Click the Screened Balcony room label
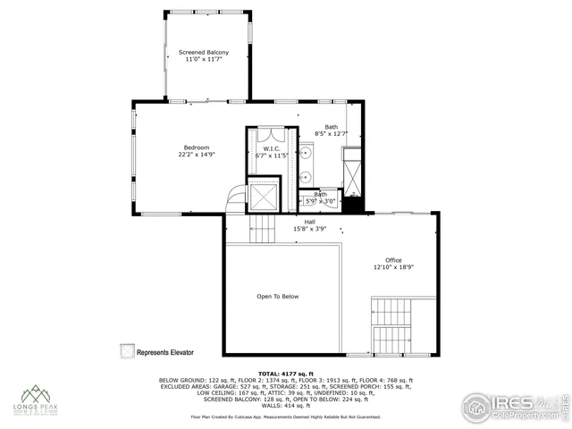click(204, 53)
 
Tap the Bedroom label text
click(197, 147)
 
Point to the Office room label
click(393, 260)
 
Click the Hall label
click(309, 222)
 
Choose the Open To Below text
click(278, 296)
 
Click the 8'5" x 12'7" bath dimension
click(332, 134)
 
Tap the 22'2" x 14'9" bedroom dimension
click(197, 155)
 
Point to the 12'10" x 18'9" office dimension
click(393, 267)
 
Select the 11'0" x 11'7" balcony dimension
click(204, 60)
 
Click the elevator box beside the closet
click(264, 194)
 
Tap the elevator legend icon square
click(127, 351)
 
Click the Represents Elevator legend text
click(165, 352)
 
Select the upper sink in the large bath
click(307, 153)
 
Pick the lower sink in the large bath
click(307, 176)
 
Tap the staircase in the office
click(391, 323)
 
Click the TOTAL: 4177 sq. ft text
click(285, 373)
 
